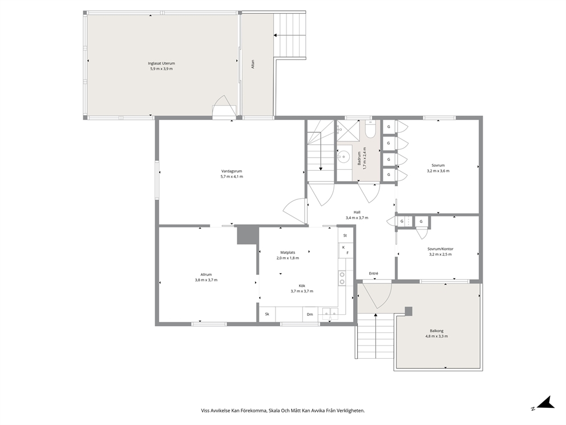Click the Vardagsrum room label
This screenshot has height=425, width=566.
coord(232,171)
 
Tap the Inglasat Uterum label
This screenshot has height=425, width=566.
coord(161,63)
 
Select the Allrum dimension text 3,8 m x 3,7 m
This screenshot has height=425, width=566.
coord(206,280)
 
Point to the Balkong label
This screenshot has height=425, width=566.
coord(436,331)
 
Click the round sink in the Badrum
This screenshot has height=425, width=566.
coord(343,157)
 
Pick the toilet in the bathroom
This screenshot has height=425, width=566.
coord(370,129)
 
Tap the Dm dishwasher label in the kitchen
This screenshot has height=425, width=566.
coord(310,314)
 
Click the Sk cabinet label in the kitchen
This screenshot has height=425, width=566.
coord(267,314)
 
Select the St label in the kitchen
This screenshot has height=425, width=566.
coord(345,235)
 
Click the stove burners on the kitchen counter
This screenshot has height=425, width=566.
coord(341,278)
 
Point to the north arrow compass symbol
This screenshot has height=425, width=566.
coord(545,403)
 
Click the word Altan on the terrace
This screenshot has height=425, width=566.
coord(253,65)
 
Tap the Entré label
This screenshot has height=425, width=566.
coord(373,274)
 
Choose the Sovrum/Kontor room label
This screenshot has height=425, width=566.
coord(440,249)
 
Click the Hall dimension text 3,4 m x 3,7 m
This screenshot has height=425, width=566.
coord(357,218)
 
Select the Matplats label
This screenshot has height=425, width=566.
coord(288,252)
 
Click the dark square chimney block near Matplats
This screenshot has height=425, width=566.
coord(248,235)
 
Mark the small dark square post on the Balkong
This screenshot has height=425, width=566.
coord(409,311)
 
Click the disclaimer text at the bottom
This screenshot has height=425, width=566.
coord(282,411)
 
